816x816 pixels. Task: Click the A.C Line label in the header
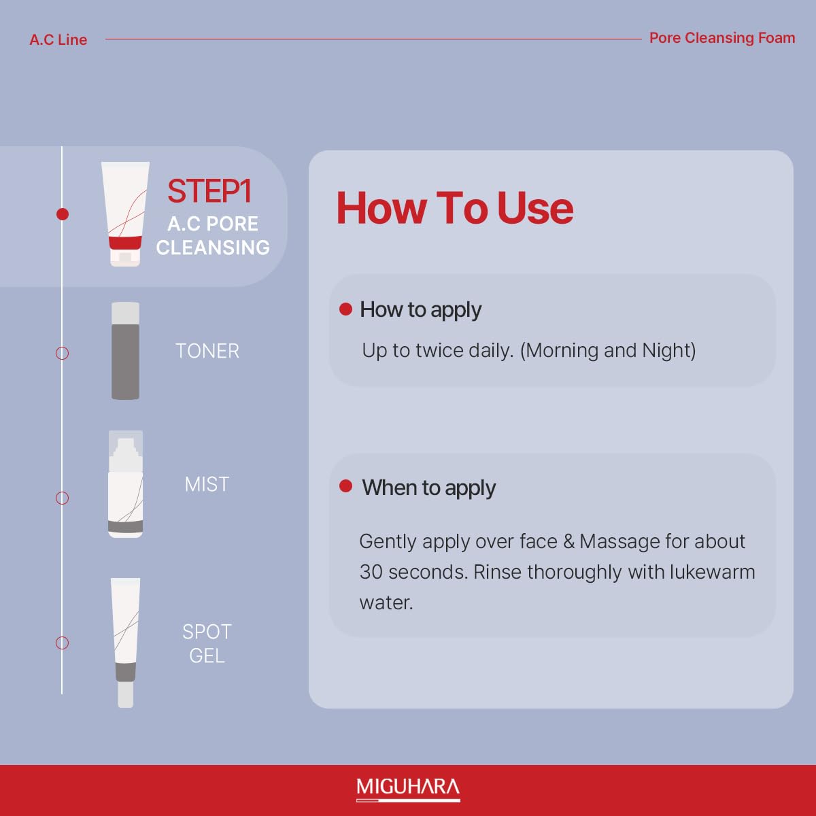(x=58, y=39)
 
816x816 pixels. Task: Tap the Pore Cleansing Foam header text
(x=722, y=37)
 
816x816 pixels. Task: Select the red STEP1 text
(x=209, y=191)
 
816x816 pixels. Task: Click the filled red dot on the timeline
(x=63, y=214)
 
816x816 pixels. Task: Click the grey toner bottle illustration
(x=125, y=351)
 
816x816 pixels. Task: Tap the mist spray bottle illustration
(x=125, y=484)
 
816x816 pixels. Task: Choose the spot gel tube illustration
(x=125, y=643)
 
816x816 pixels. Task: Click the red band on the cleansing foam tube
(x=125, y=243)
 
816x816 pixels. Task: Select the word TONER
(x=207, y=351)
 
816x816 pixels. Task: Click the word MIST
(x=207, y=484)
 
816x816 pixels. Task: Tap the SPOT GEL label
(x=207, y=644)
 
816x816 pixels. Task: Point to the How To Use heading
(x=455, y=207)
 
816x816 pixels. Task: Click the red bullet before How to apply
(x=345, y=309)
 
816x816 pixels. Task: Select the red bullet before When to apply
(x=345, y=486)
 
